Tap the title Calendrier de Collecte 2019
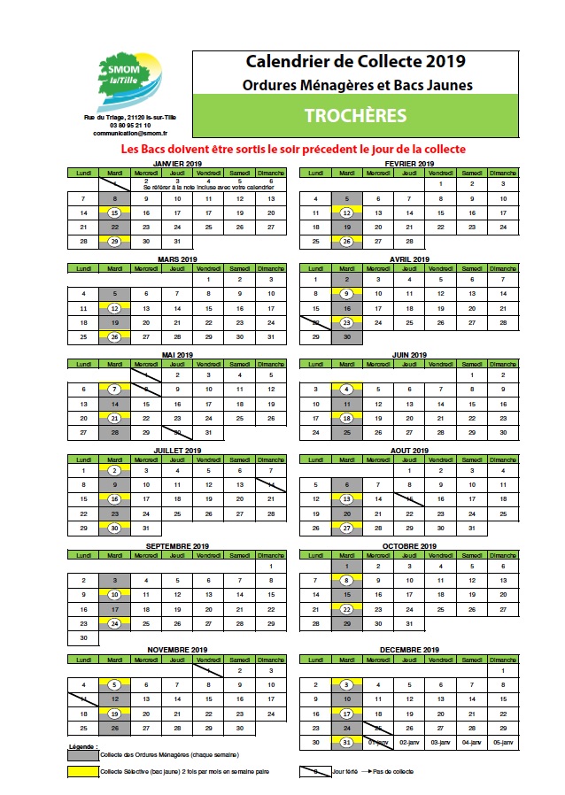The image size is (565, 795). (355, 62)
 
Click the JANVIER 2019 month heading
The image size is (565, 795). (177, 164)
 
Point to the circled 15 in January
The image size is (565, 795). (114, 213)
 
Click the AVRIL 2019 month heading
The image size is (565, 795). (409, 259)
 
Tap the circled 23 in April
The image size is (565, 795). (347, 323)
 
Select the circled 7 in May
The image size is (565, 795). (114, 390)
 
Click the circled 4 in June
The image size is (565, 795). (347, 390)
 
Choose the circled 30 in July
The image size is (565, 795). (114, 528)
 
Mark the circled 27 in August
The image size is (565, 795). (347, 528)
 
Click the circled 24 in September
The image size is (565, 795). (114, 623)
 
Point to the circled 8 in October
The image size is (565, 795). (347, 581)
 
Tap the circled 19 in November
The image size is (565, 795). (114, 714)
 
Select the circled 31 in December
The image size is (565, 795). (347, 742)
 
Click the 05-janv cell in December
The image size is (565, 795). (502, 742)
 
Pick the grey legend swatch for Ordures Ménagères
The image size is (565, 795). (83, 754)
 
